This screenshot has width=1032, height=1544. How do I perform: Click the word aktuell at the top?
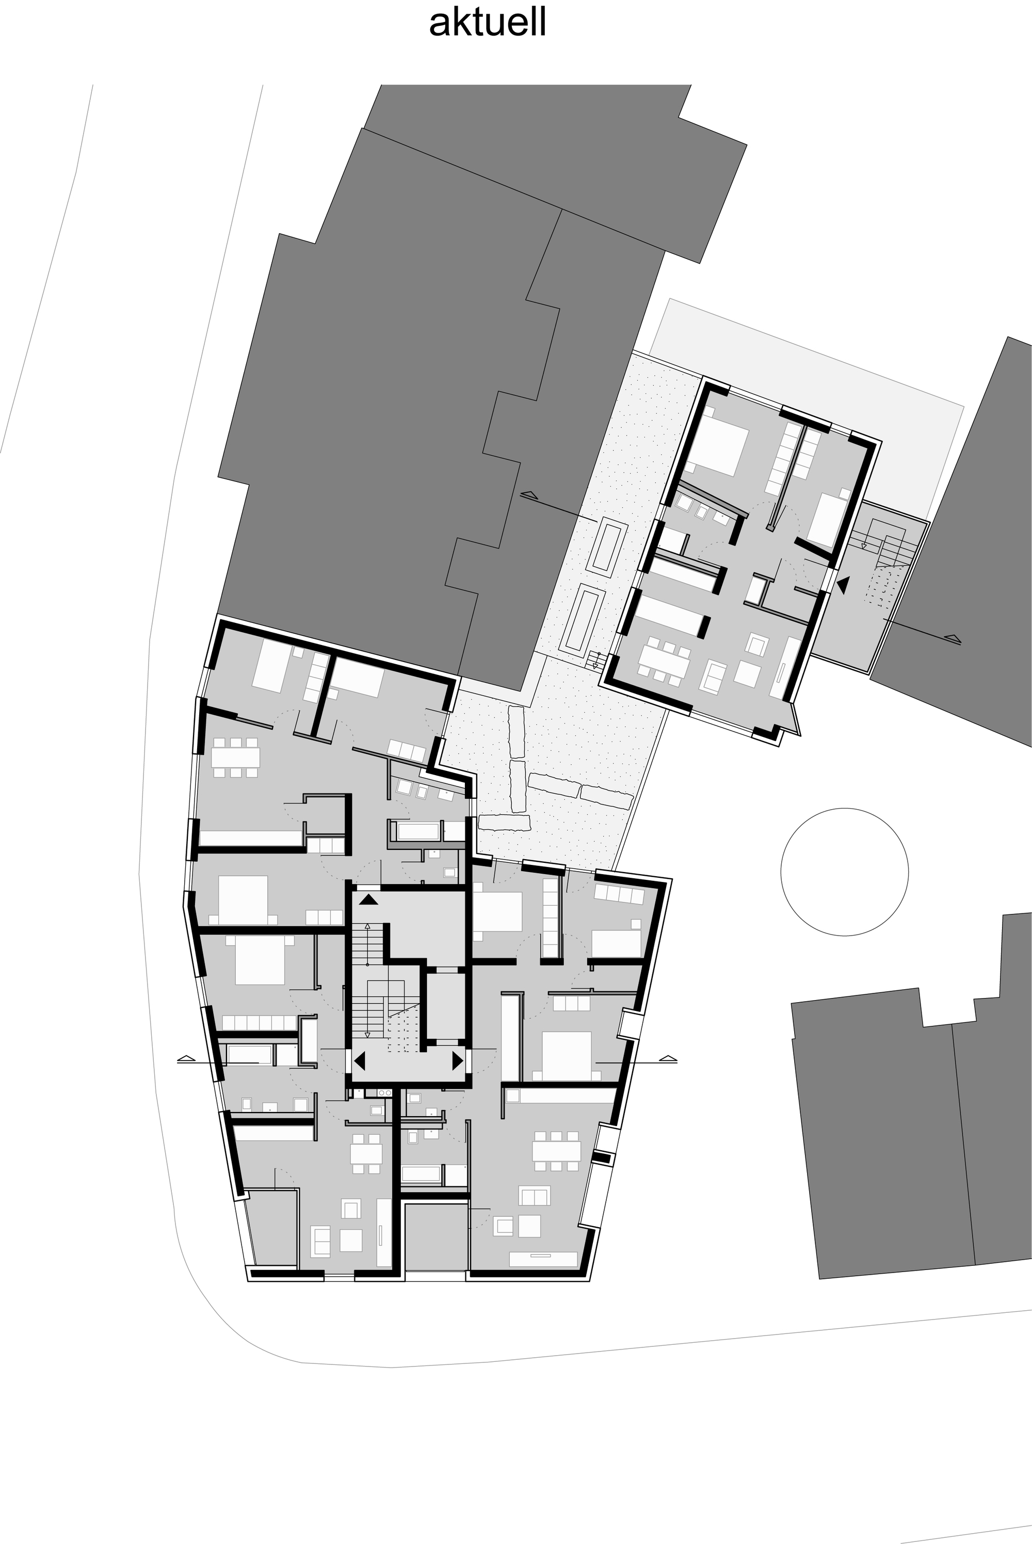point(488,23)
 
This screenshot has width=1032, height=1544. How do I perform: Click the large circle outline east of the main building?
point(844,872)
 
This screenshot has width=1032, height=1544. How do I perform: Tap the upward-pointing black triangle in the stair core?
point(368,899)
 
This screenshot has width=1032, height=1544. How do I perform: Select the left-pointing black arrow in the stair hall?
point(359,1061)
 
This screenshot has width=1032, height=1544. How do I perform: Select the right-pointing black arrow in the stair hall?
point(457,1061)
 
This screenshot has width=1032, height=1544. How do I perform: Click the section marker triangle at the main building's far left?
point(187,1058)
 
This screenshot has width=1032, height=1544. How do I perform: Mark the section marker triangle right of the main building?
point(668,1058)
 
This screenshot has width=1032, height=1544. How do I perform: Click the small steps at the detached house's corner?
point(595,660)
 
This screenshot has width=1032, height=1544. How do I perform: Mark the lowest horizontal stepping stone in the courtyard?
point(504,823)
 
